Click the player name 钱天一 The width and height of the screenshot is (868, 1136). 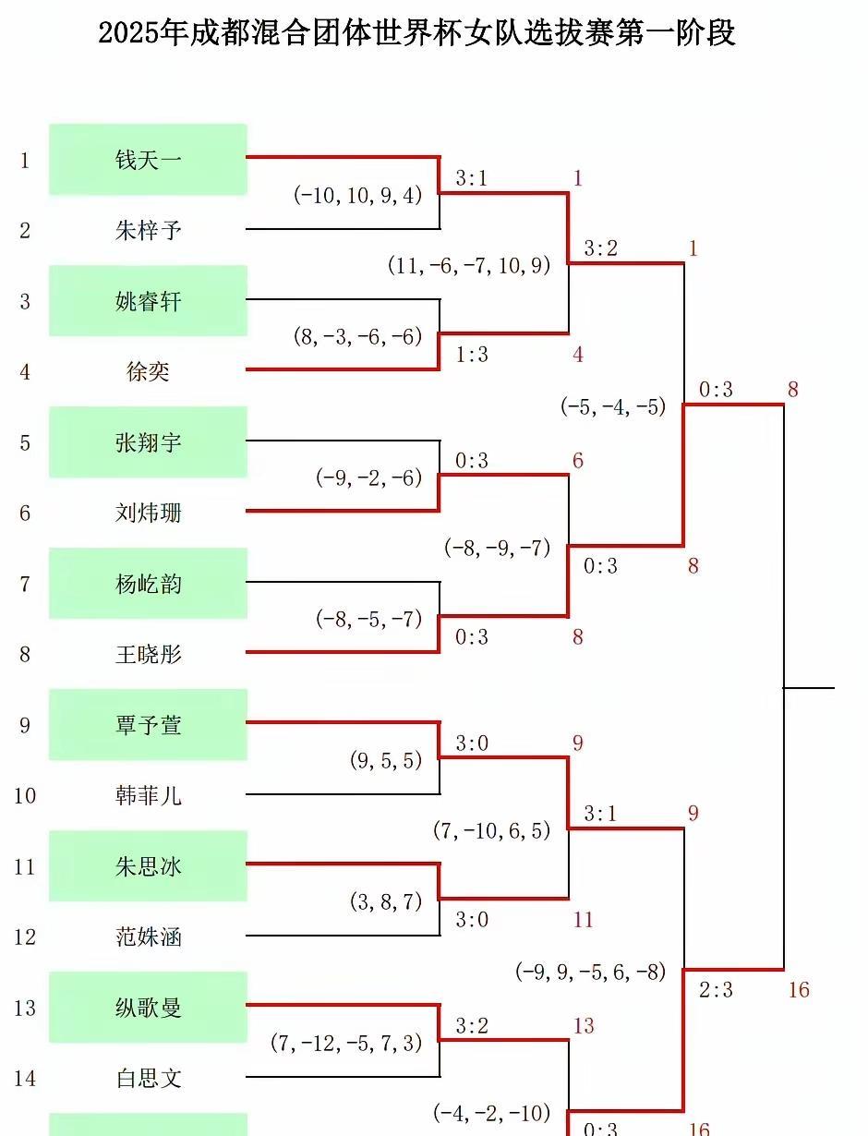(x=149, y=160)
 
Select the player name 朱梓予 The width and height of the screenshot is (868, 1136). (x=149, y=230)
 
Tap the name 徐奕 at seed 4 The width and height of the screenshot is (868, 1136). (x=148, y=371)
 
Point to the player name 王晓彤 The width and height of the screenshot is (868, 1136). (x=149, y=654)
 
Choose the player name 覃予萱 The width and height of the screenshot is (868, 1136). (x=149, y=725)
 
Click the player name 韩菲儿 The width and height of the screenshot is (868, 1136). (x=149, y=795)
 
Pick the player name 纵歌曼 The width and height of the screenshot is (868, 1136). (x=149, y=1008)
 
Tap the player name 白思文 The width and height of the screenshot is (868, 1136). (x=149, y=1079)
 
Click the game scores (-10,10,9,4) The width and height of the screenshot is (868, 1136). (x=358, y=196)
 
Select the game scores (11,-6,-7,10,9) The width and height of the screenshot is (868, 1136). (x=469, y=265)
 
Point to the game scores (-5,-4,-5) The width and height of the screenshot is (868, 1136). (x=613, y=406)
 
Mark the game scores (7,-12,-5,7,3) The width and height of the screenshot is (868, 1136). (x=346, y=1043)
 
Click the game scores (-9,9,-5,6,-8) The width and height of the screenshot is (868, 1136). (x=591, y=973)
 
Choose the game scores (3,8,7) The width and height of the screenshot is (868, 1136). (x=386, y=901)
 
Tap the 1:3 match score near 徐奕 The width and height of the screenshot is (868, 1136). (x=472, y=355)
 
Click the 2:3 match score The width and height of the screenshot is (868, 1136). (x=716, y=990)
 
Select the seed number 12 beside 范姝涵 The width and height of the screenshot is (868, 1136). (x=25, y=937)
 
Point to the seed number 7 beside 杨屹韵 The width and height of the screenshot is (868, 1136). (x=25, y=585)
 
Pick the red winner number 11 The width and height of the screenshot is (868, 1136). (x=583, y=920)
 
